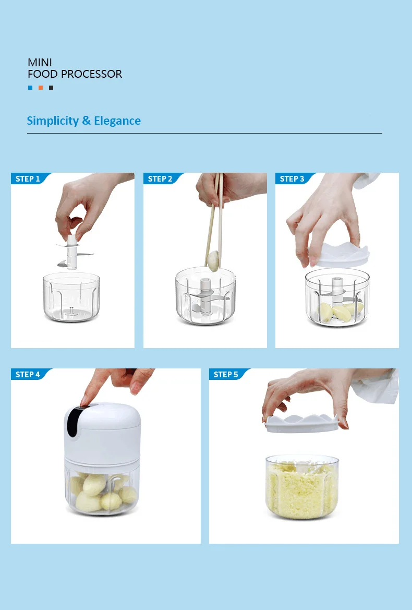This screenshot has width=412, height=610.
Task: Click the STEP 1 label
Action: [x=28, y=179]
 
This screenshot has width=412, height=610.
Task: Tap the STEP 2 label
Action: [x=160, y=179]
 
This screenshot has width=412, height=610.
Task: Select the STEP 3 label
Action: [x=292, y=179]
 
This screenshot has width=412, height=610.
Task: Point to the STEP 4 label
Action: [x=28, y=375]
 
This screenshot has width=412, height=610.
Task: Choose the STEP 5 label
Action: [x=226, y=375]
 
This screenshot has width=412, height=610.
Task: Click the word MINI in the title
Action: [x=40, y=63]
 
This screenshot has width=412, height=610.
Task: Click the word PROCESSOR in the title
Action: [x=91, y=74]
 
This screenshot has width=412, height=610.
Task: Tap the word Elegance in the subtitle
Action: [x=117, y=121]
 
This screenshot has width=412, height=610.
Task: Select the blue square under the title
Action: [x=30, y=88]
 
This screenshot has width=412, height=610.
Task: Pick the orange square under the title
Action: [x=41, y=88]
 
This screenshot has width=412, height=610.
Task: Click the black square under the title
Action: [x=51, y=88]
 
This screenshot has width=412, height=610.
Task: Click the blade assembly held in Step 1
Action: [x=72, y=253]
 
